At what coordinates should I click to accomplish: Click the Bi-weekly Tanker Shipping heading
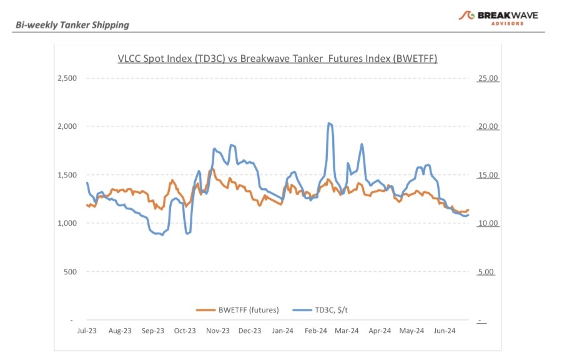pos(72,25)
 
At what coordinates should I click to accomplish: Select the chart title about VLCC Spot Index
pos(277,59)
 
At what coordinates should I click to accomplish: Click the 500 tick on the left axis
pos(71,272)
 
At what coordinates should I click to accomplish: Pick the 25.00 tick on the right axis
pos(488,79)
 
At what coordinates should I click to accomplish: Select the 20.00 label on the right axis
pos(488,127)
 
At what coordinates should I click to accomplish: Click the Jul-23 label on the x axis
pos(87,331)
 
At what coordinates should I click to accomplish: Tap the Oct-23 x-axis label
pos(185,331)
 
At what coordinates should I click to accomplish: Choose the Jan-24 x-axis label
pos(283,331)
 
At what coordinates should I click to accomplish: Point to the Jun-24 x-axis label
pos(445,331)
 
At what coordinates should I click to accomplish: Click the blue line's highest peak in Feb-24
pos(329,123)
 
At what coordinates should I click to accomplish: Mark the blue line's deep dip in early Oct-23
pos(187,233)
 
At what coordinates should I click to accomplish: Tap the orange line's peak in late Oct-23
pos(212,169)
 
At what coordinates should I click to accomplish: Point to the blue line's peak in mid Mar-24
pos(362,144)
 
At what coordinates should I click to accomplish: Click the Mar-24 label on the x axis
pos(347,331)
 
